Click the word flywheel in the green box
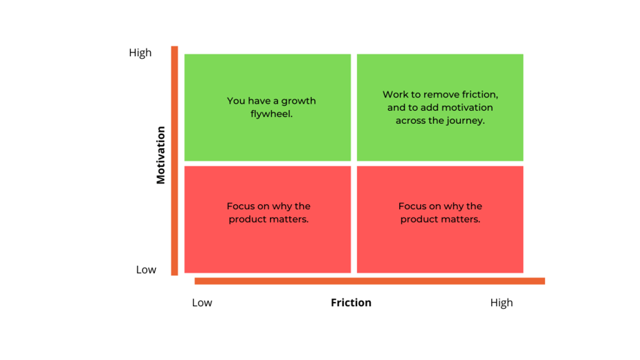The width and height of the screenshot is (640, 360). pyautogui.click(x=271, y=114)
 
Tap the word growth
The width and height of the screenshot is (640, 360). pyautogui.click(x=298, y=101)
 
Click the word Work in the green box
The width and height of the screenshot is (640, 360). pyautogui.click(x=396, y=94)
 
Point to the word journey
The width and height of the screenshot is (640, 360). pyautogui.click(x=466, y=121)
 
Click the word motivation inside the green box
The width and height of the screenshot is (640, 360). pyautogui.click(x=470, y=107)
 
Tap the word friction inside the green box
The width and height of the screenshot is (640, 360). pyautogui.click(x=481, y=95)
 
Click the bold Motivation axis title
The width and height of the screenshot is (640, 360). pyautogui.click(x=161, y=155)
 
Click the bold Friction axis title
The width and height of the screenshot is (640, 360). pyautogui.click(x=351, y=303)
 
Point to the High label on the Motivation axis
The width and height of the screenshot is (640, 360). pyautogui.click(x=140, y=53)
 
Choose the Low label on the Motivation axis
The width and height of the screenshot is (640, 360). pyautogui.click(x=146, y=270)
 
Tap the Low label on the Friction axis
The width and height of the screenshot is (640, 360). pyautogui.click(x=202, y=303)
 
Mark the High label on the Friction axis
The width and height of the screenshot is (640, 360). pyautogui.click(x=501, y=303)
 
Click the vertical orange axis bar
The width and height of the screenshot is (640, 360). pyautogui.click(x=174, y=161)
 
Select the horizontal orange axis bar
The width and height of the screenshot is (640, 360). pyautogui.click(x=369, y=281)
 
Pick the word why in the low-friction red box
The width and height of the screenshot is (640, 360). pyautogui.click(x=279, y=206)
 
